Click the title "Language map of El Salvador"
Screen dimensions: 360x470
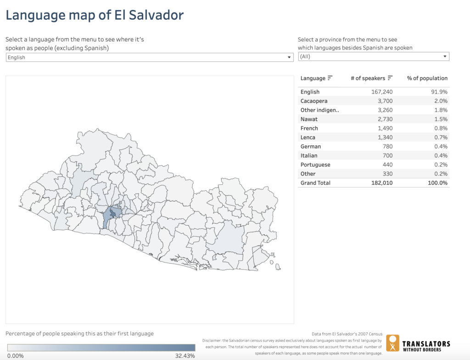[95, 15]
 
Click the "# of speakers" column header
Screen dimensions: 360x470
[368, 78]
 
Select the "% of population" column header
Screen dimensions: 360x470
[427, 78]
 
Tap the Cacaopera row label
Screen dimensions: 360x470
[314, 101]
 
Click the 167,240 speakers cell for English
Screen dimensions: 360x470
[382, 92]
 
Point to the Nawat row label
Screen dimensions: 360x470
[308, 119]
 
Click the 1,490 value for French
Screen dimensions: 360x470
[385, 128]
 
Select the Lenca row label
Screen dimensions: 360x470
[308, 138]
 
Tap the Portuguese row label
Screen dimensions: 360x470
[315, 165]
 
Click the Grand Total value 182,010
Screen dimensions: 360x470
[382, 183]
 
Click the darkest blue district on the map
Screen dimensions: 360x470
[111, 213]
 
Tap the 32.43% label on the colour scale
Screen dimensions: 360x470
[185, 356]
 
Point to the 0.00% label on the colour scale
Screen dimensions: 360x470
[16, 356]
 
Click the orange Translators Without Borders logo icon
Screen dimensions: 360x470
[392, 343]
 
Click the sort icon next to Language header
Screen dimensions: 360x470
[330, 78]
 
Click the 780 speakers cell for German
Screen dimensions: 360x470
[388, 147]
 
